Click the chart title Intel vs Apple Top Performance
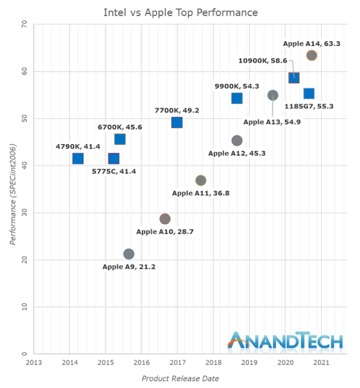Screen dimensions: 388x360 [x=180, y=12]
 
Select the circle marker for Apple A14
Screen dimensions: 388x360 [x=311, y=55]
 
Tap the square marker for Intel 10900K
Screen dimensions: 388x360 [x=293, y=78]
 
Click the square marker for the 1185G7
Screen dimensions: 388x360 [x=309, y=93]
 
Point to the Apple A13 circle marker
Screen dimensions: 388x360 [x=273, y=95]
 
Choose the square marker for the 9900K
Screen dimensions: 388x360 [x=237, y=98]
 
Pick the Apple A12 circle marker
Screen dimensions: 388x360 [x=237, y=140]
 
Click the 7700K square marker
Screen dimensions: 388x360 [x=177, y=122]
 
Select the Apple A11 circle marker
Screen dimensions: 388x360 [x=200, y=180]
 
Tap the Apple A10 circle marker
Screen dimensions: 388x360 [x=165, y=219]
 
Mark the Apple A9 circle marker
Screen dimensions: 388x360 [x=128, y=254]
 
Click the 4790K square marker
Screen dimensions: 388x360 [x=78, y=158]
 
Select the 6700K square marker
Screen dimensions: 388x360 [x=120, y=139]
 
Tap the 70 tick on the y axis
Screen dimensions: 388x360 [x=23, y=24]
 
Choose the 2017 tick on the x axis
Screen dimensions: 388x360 [x=178, y=363]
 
